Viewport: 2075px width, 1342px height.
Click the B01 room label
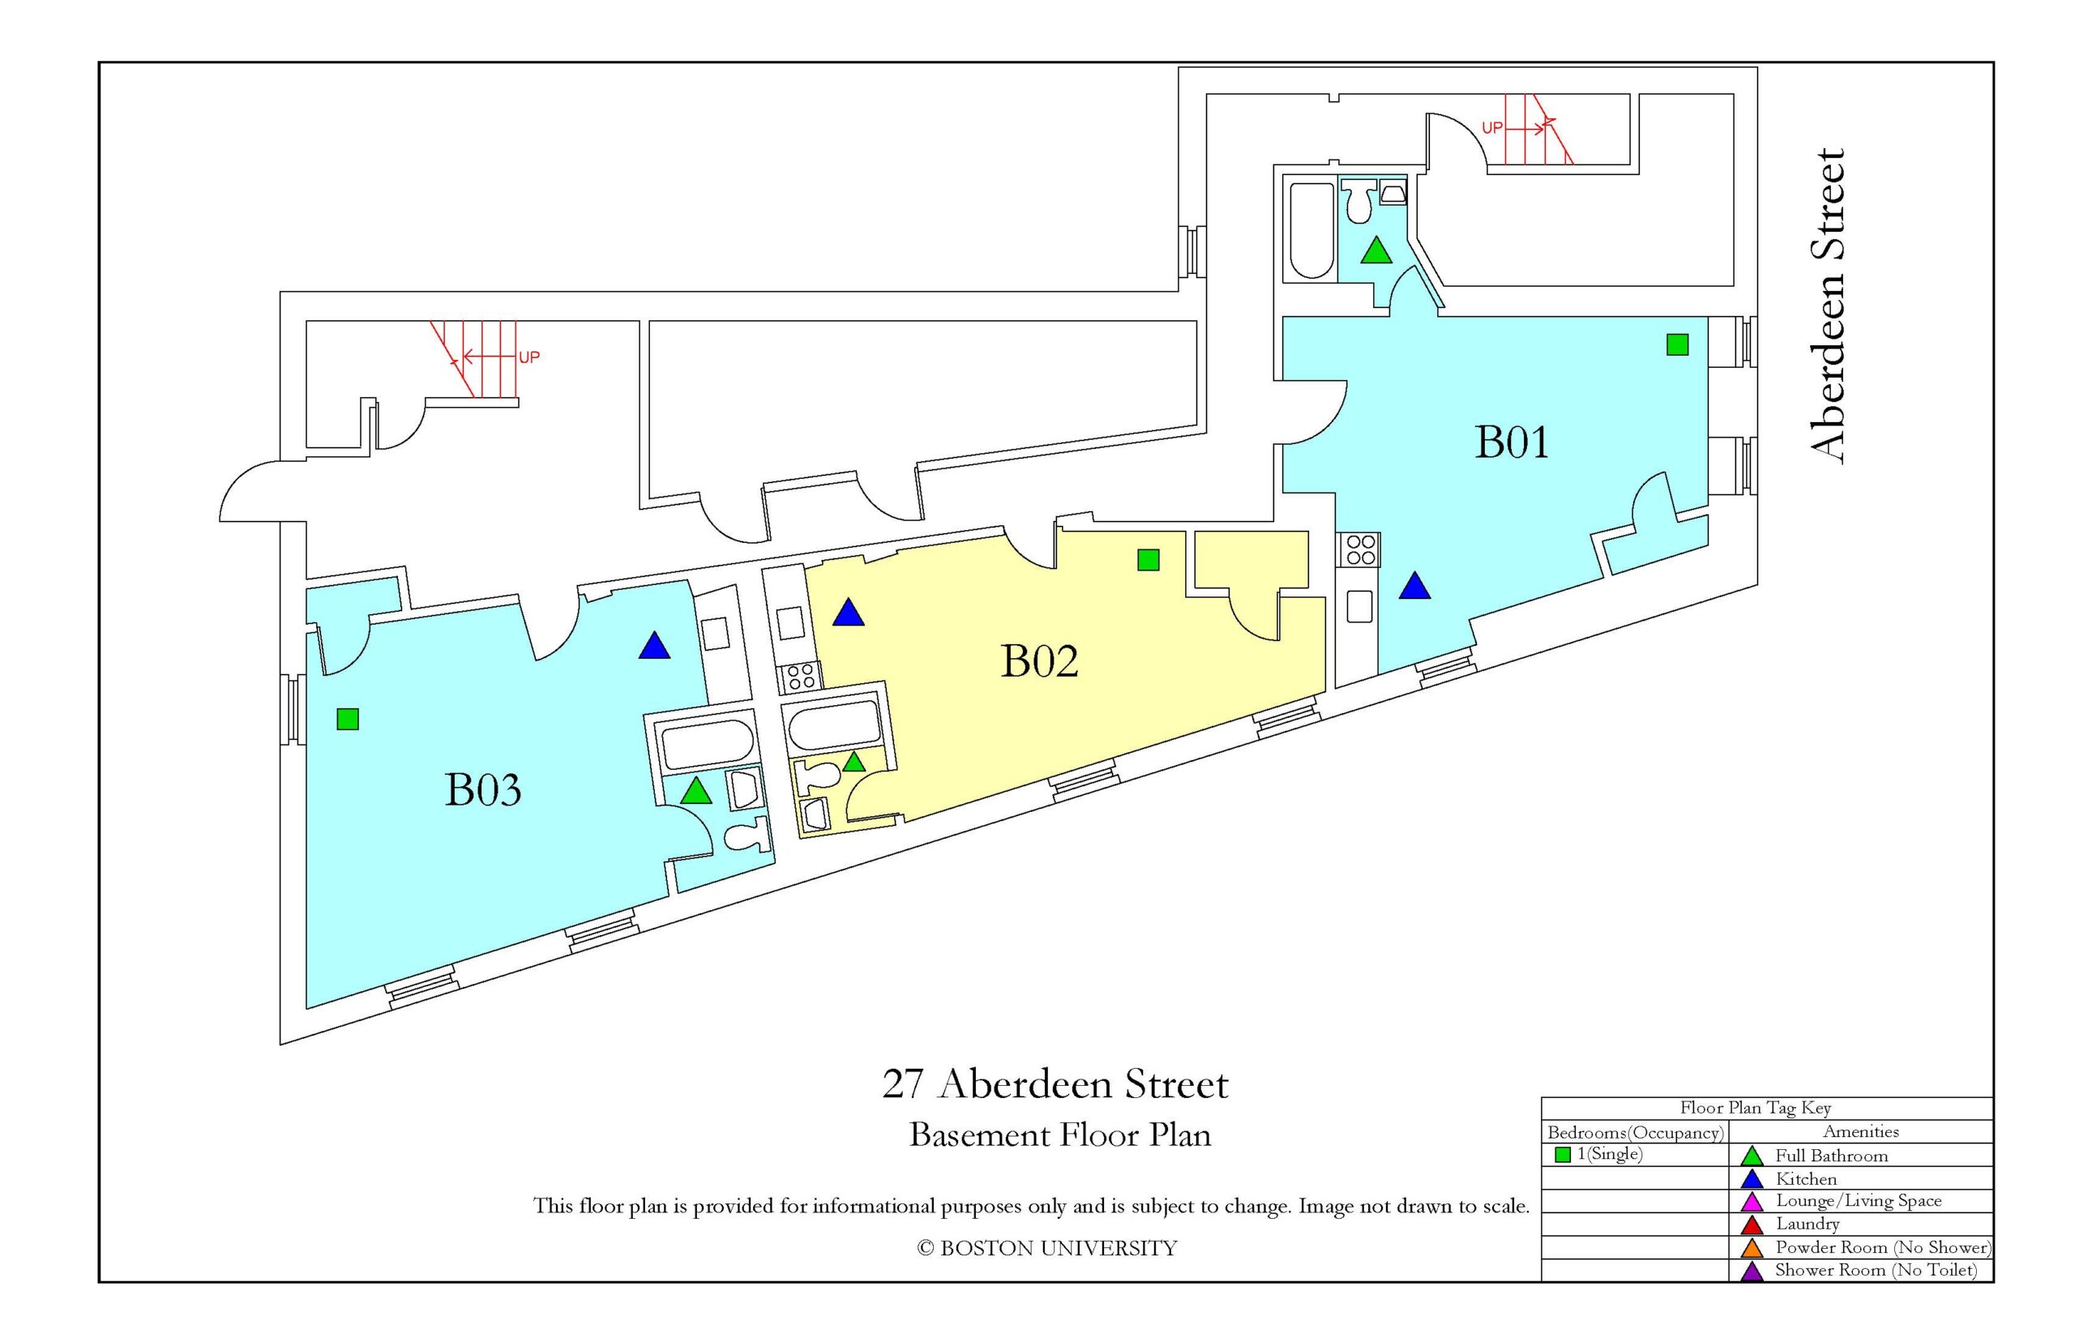[x=1511, y=442]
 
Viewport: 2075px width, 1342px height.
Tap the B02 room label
[x=1040, y=660]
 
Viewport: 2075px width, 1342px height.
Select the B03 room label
[x=483, y=789]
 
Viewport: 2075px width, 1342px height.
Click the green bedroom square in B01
[x=1677, y=345]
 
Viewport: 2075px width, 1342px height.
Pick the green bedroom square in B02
[x=1149, y=560]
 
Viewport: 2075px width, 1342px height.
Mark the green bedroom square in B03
[x=348, y=719]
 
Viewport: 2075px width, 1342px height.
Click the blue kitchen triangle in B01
[x=1414, y=586]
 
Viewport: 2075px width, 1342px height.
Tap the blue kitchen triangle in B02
[x=848, y=613]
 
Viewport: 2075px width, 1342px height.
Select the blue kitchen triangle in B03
[x=653, y=646]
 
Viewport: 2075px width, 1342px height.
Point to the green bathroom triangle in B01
[x=1376, y=251]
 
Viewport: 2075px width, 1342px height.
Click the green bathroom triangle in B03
[x=695, y=790]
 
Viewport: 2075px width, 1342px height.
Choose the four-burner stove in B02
[x=800, y=676]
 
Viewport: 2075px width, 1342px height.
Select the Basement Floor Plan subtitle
[x=1059, y=1135]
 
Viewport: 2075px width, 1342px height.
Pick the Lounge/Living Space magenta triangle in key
[x=1752, y=1203]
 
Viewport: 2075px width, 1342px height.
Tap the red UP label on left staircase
[x=529, y=357]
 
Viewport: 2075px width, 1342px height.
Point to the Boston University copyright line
[x=1046, y=1249]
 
